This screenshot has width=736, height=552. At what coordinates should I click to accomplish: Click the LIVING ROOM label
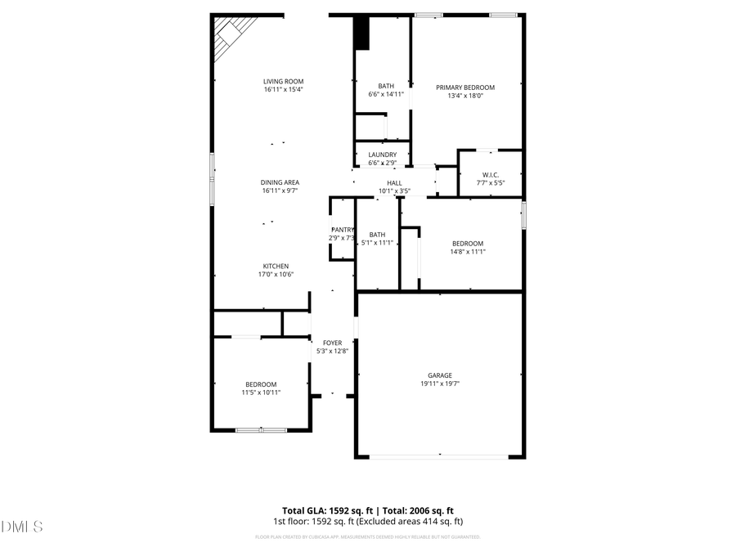pyautogui.click(x=284, y=81)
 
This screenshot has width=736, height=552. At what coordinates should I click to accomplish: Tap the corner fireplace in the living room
pyautogui.click(x=231, y=36)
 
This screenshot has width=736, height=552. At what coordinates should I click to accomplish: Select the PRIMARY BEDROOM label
pyautogui.click(x=465, y=88)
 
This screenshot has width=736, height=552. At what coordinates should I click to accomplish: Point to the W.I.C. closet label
pyautogui.click(x=491, y=174)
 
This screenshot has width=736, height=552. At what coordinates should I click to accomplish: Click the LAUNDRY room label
pyautogui.click(x=382, y=155)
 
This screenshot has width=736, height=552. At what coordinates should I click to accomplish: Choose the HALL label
pyautogui.click(x=394, y=183)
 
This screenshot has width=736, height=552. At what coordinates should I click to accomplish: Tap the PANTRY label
pyautogui.click(x=342, y=230)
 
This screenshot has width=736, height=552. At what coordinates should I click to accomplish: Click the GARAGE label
pyautogui.click(x=440, y=375)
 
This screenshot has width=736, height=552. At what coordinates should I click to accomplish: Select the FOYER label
pyautogui.click(x=332, y=343)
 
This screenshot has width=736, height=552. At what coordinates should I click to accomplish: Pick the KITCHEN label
pyautogui.click(x=276, y=266)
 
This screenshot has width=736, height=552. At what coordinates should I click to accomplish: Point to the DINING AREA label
pyautogui.click(x=280, y=182)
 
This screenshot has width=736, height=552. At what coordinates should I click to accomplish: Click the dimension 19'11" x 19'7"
pyautogui.click(x=440, y=384)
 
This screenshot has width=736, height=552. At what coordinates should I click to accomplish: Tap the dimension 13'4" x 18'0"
pyautogui.click(x=465, y=96)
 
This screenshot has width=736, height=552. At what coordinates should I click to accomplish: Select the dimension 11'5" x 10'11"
pyautogui.click(x=261, y=393)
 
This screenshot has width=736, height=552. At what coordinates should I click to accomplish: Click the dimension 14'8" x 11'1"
pyautogui.click(x=468, y=252)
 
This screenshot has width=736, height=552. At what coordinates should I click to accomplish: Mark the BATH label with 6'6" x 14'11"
pyautogui.click(x=386, y=86)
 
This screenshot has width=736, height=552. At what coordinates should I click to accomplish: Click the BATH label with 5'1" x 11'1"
pyautogui.click(x=377, y=235)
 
